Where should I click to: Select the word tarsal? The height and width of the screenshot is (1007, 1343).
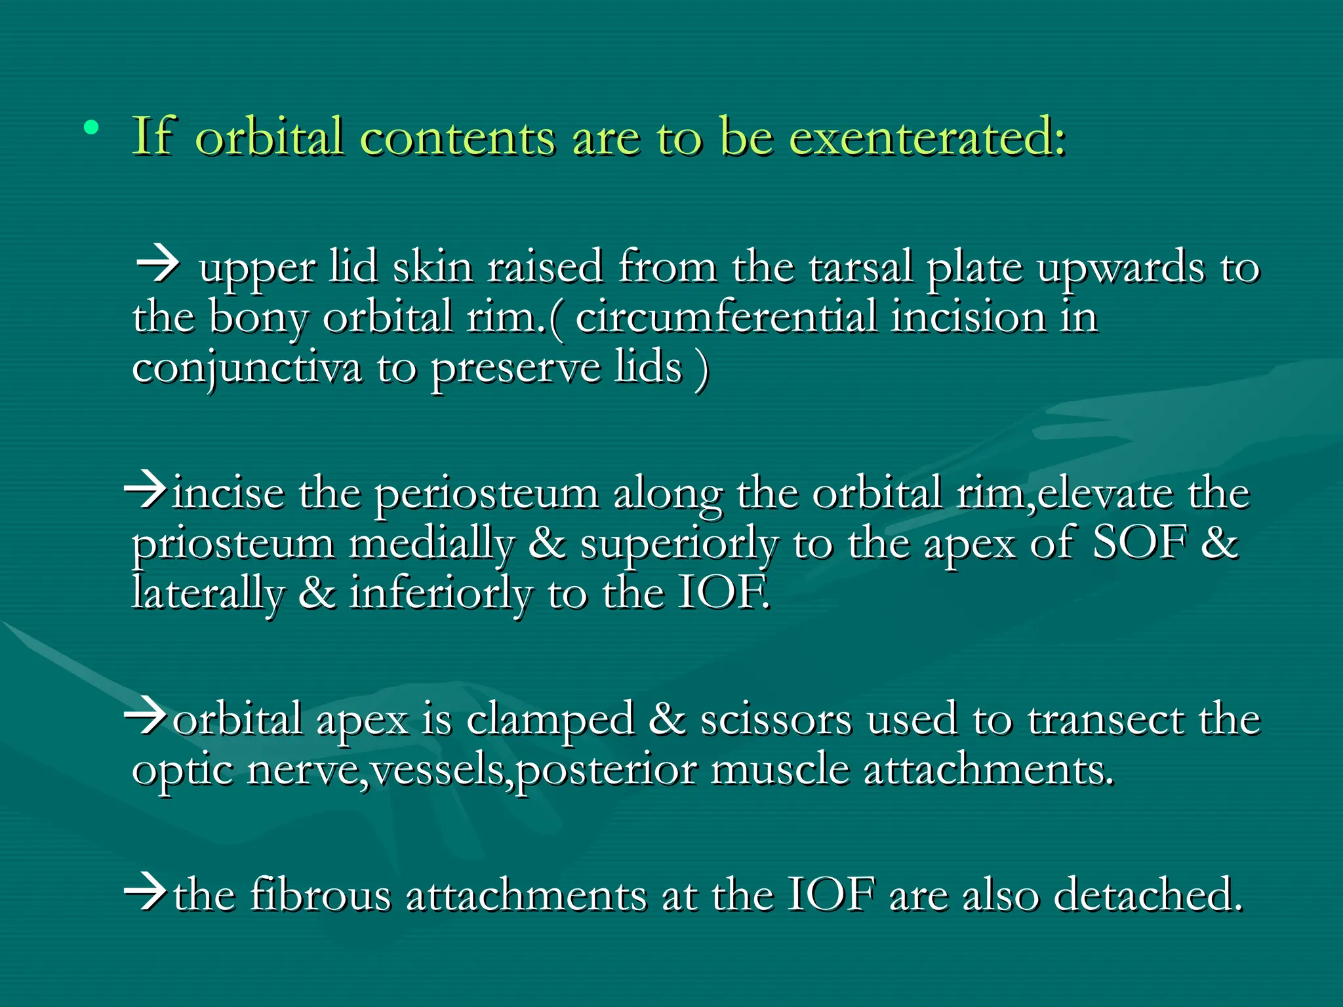click(x=860, y=267)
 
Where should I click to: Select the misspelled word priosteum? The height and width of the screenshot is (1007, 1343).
click(x=233, y=545)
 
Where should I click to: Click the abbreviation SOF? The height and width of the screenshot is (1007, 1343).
click(x=1139, y=543)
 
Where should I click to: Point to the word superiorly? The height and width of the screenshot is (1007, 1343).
click(x=679, y=545)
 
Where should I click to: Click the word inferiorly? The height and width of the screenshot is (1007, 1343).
click(x=440, y=594)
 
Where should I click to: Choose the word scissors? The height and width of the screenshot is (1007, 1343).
click(x=776, y=719)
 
